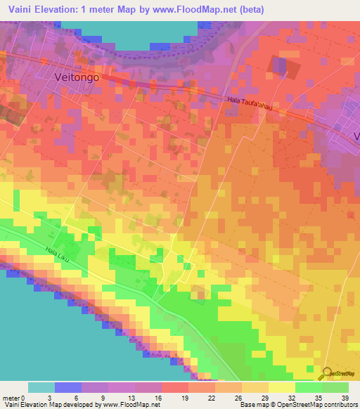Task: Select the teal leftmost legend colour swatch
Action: (41, 387)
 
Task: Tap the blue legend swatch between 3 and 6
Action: (68, 387)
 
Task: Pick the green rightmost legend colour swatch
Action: (335, 387)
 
